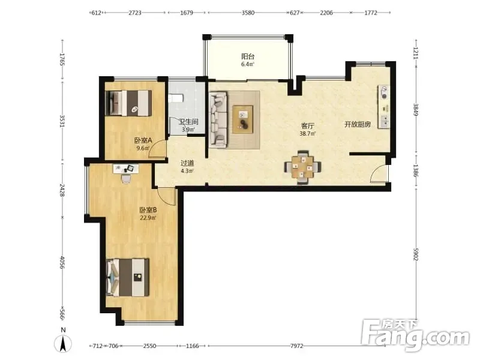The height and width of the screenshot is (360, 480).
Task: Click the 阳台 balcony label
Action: (248, 56)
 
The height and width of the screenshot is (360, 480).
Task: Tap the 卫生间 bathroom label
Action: (188, 122)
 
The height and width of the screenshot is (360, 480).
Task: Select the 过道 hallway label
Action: (187, 163)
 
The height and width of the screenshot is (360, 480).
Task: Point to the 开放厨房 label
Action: (358, 124)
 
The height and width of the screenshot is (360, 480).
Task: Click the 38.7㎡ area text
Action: (307, 133)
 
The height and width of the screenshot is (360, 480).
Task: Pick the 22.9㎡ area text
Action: (148, 218)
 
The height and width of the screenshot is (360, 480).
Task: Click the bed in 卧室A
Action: (128, 103)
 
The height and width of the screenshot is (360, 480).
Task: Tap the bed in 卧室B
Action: (128, 277)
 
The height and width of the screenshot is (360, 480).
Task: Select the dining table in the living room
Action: (302, 167)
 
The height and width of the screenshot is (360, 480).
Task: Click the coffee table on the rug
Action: (243, 119)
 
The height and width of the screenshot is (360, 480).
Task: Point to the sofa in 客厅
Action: (218, 119)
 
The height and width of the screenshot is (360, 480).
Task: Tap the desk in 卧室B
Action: (126, 169)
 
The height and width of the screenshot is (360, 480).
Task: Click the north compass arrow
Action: (63, 343)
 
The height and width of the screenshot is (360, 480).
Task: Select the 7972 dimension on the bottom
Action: (296, 346)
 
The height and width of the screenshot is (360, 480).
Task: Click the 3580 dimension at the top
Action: (248, 13)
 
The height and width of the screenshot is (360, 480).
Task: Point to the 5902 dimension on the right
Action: (415, 254)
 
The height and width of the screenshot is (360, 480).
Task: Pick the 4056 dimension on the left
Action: (62, 262)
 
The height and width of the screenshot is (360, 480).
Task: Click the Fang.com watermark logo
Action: (415, 335)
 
